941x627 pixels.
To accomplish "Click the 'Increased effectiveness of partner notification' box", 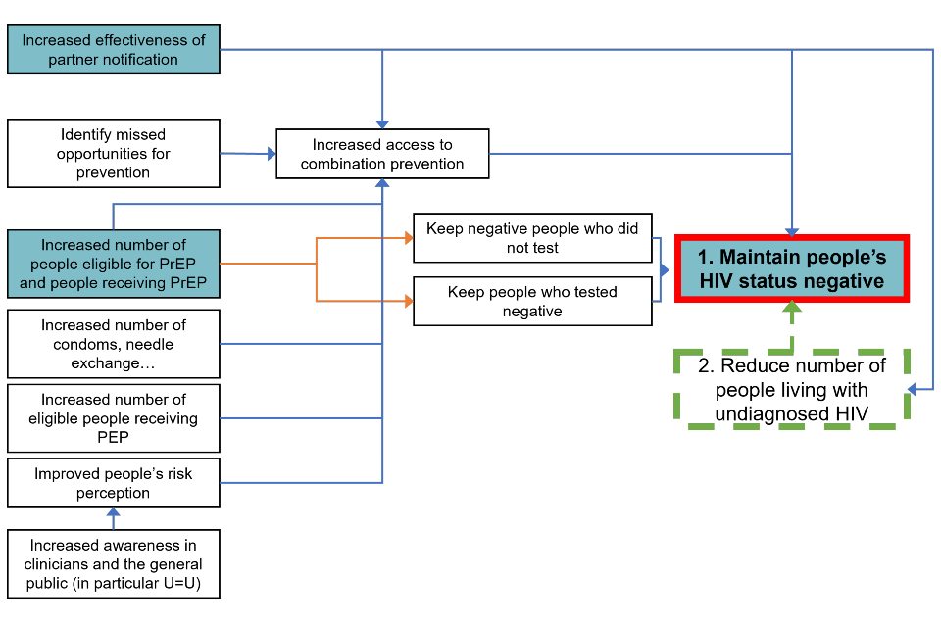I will [114, 50].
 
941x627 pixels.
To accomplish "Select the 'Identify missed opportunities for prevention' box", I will [114, 154].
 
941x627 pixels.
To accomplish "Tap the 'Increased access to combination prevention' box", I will [382, 154].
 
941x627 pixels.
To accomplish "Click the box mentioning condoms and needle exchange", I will [114, 344].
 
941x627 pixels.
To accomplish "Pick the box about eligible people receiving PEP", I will [114, 418].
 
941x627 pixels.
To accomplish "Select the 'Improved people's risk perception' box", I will [114, 483].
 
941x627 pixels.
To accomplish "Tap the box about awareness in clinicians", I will [114, 565].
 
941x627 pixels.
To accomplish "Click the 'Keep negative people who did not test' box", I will [532, 238].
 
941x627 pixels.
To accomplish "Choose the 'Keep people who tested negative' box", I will [532, 302].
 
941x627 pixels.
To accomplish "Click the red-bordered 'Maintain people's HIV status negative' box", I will [792, 268].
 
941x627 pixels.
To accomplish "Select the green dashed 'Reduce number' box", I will [792, 389].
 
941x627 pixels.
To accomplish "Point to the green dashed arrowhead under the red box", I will [792, 308].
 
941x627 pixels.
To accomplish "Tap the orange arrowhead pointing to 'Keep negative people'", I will [407, 238].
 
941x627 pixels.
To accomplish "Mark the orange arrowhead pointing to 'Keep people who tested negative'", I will [407, 302].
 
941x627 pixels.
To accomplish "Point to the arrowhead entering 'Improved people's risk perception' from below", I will [114, 512].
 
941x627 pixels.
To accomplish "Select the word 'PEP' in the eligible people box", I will [114, 437].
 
